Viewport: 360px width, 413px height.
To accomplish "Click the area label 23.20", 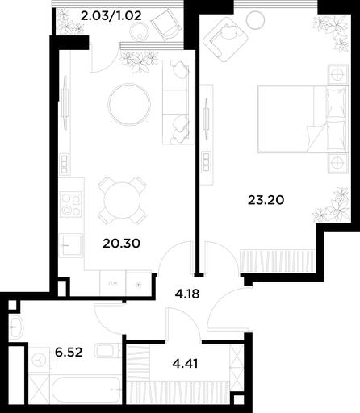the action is coord(266,200).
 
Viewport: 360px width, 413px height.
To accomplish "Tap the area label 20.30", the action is coord(121,244).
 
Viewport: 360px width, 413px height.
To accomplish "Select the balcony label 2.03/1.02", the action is coord(111,16).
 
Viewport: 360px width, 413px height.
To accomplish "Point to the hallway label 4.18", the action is coord(187,294).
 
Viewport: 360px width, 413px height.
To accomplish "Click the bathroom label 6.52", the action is coord(69,352).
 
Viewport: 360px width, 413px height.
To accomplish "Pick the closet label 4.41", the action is coord(185,364).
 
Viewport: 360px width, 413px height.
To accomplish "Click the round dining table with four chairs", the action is coord(123,201).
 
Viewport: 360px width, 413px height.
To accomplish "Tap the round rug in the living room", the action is coord(129,104).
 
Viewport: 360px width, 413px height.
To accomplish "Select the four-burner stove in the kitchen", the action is coord(71,204).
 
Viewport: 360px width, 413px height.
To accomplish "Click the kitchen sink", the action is coord(71,245).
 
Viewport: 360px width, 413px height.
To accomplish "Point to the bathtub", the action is coord(86,390).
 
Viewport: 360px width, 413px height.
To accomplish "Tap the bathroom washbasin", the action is coord(16,327).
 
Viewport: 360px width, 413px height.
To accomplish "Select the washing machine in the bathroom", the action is coord(40,360).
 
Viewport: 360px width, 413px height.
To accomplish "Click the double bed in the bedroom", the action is coord(303,119).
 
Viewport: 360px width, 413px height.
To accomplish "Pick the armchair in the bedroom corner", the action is coord(225,39).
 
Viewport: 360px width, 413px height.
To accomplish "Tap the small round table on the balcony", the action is coord(139,31).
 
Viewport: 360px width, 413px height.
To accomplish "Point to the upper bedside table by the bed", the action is coord(337,73).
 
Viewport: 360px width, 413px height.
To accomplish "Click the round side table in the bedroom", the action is coord(255,19).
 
